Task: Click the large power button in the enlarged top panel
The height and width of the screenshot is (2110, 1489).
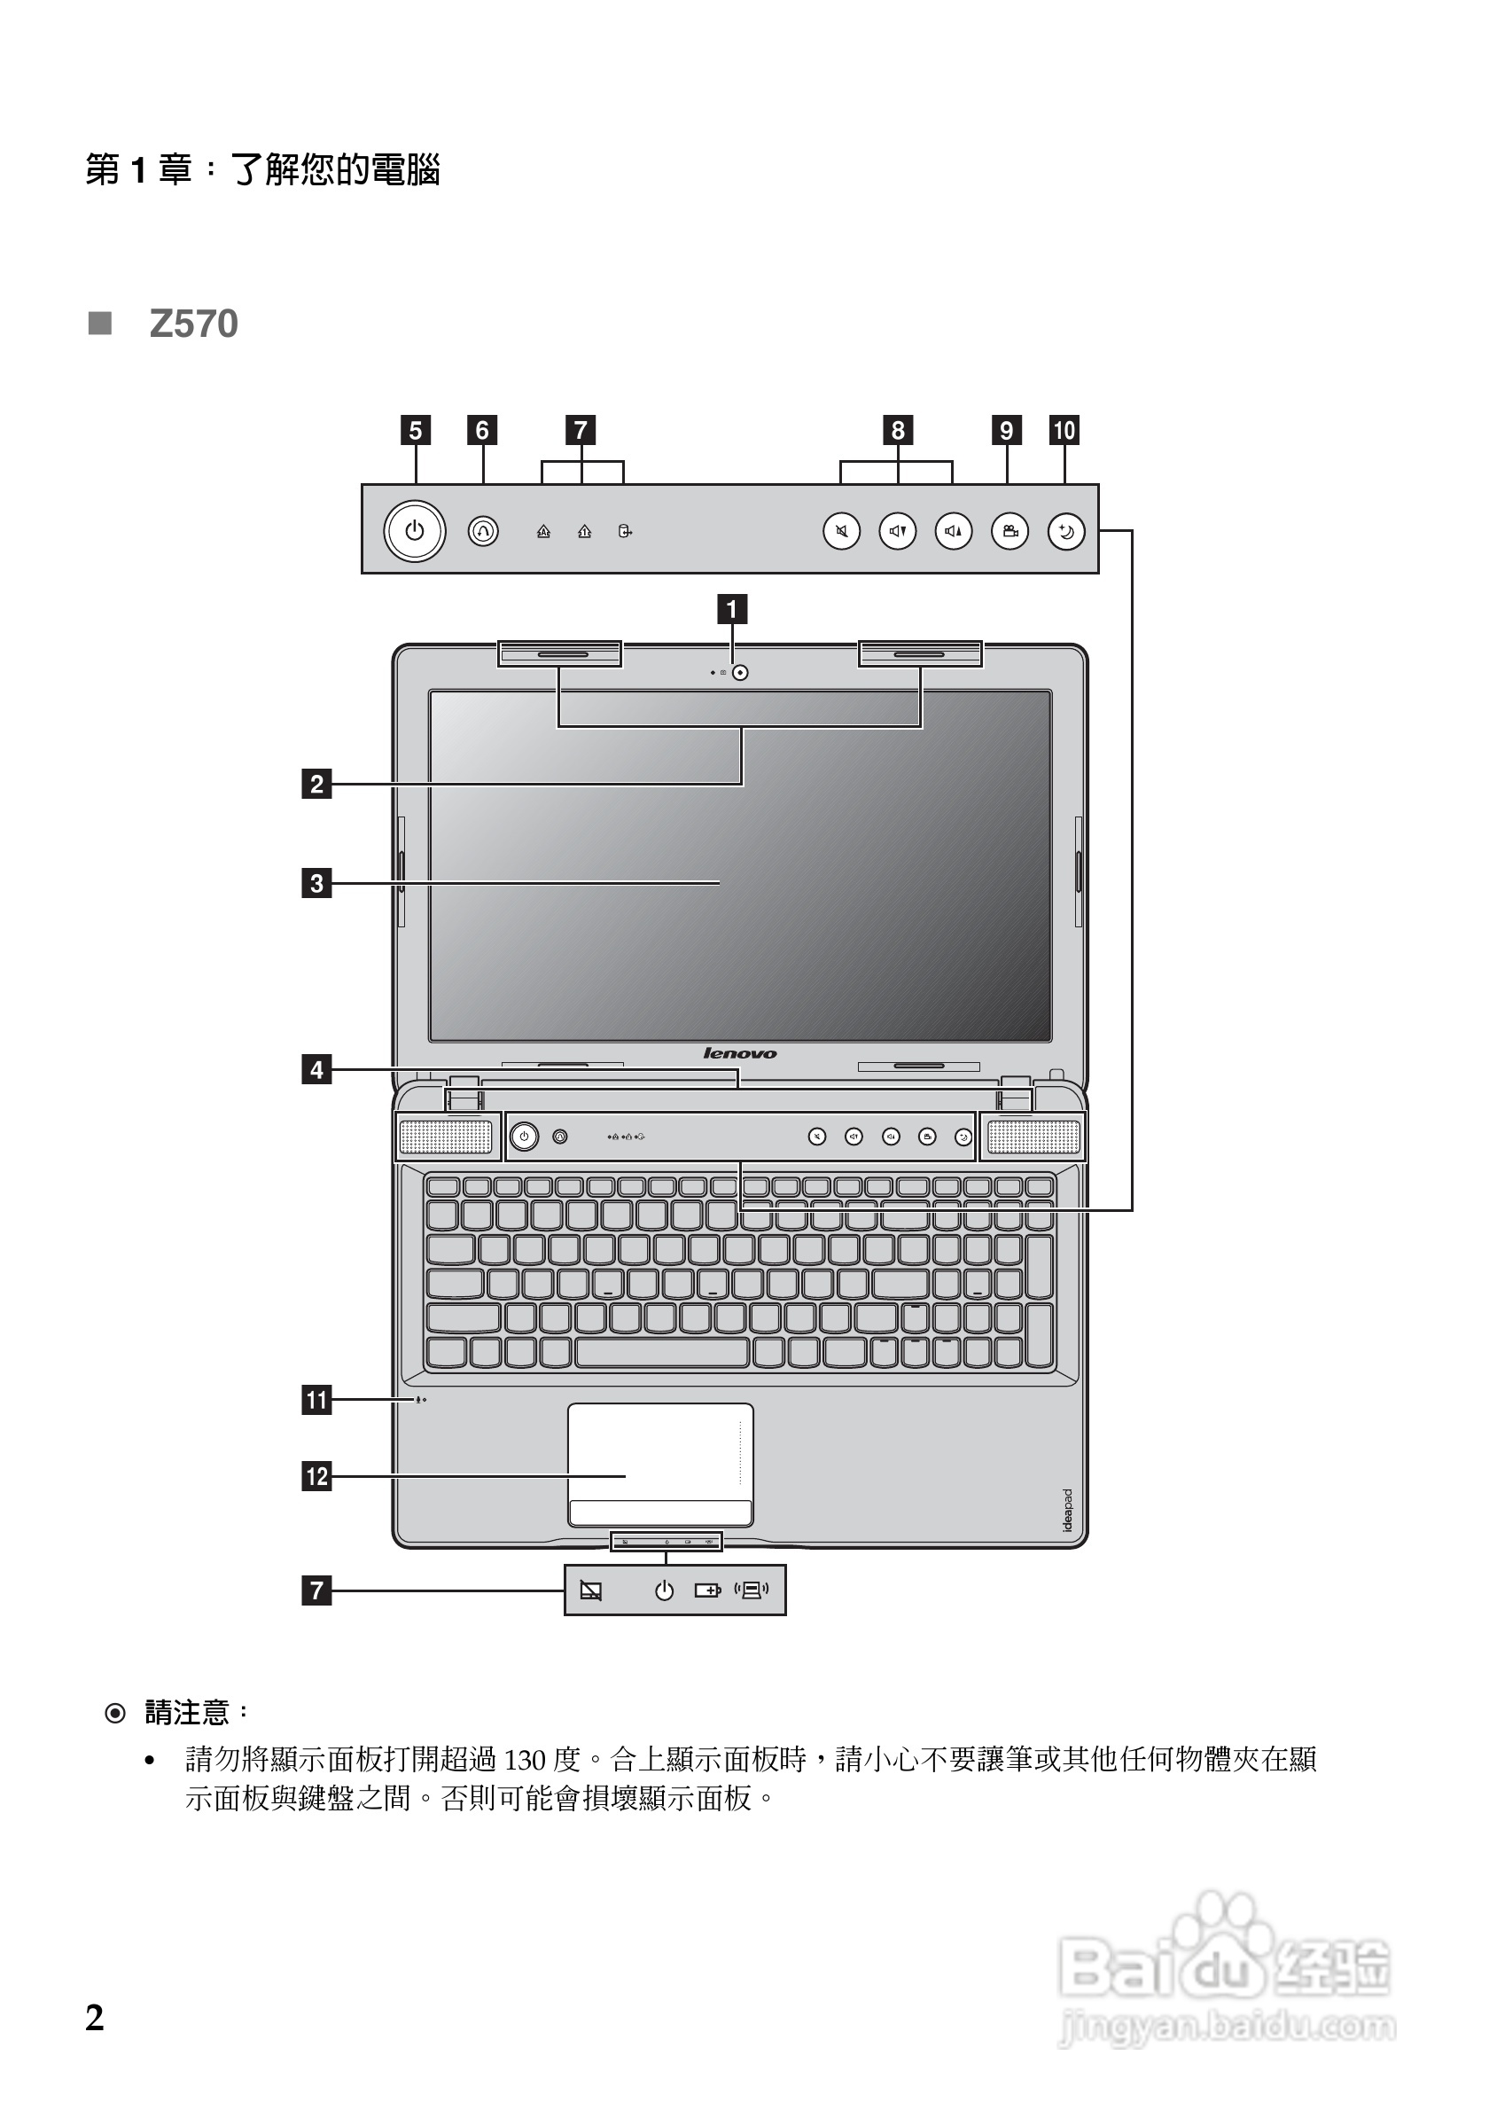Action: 414,531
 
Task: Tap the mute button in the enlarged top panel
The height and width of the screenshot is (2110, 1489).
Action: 841,531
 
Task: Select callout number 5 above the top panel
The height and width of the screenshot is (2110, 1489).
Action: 415,430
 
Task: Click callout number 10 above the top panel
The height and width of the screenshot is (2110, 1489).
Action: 1064,430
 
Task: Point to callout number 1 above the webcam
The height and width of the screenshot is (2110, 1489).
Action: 731,608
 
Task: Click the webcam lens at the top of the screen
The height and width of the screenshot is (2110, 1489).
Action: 740,673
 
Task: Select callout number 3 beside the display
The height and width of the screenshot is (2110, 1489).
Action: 317,883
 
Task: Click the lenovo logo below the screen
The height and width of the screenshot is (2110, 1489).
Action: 739,1053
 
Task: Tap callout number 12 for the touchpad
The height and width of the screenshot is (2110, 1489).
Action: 317,1477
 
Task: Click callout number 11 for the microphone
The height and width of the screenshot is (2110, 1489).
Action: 317,1401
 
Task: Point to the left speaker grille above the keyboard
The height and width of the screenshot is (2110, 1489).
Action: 446,1137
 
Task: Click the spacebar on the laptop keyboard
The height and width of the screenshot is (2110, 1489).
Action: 661,1353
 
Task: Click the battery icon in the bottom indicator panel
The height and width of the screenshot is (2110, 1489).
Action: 707,1590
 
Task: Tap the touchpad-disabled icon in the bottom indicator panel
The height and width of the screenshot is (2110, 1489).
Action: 590,1590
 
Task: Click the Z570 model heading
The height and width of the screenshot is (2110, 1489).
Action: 193,324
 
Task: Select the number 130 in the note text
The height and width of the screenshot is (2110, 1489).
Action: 525,1760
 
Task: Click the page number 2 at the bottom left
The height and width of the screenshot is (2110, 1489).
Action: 95,2018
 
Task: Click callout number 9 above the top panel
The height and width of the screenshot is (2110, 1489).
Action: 1007,430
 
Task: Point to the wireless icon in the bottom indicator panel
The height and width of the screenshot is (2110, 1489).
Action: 752,1590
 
